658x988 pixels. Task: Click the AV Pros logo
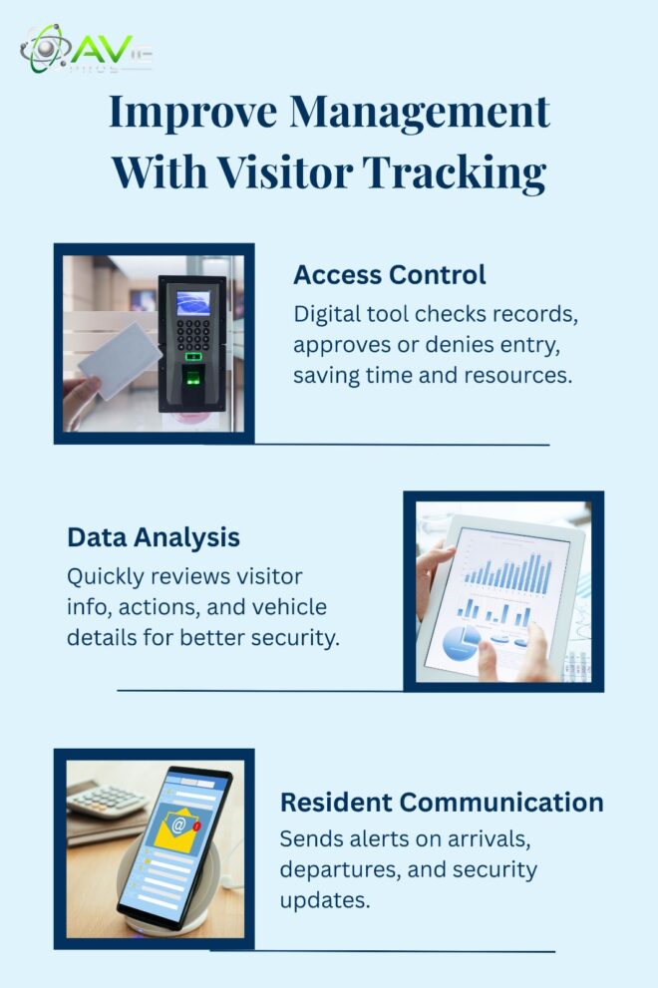click(x=85, y=50)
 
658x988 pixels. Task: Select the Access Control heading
click(x=389, y=274)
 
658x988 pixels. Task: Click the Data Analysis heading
click(x=154, y=537)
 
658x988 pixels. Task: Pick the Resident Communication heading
click(x=441, y=802)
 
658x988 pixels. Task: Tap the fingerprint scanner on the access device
click(x=193, y=384)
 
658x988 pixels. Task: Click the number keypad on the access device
click(x=193, y=335)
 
